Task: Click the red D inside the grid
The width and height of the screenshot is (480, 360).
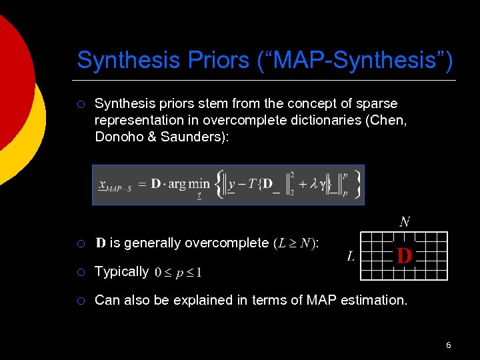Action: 404,255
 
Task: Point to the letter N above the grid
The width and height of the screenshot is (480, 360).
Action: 405,221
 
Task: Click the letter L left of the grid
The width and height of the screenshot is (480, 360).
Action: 351,255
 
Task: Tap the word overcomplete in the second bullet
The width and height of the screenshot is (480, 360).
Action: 225,243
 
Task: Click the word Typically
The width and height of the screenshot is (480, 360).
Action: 121,271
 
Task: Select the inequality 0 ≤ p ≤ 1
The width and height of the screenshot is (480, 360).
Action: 178,272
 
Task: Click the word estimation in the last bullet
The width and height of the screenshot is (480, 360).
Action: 373,300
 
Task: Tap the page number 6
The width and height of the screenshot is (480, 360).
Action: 449,345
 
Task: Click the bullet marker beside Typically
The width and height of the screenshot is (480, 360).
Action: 80,272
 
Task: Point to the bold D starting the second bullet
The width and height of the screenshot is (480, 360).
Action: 101,243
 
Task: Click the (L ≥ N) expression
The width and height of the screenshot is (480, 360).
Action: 295,243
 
